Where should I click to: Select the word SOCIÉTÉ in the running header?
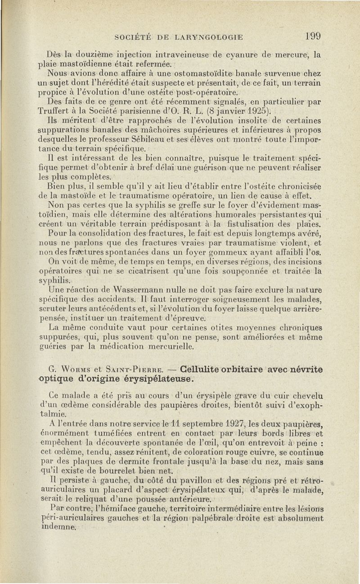134,37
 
